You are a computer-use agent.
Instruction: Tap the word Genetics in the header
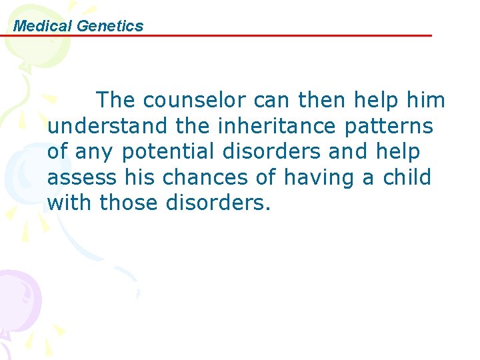110,26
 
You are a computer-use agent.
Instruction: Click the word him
425,101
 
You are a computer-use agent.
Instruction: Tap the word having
322,178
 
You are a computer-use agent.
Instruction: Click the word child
407,178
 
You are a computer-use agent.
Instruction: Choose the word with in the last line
70,203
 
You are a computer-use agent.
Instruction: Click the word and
347,152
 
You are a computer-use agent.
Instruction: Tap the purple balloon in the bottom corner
19,293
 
